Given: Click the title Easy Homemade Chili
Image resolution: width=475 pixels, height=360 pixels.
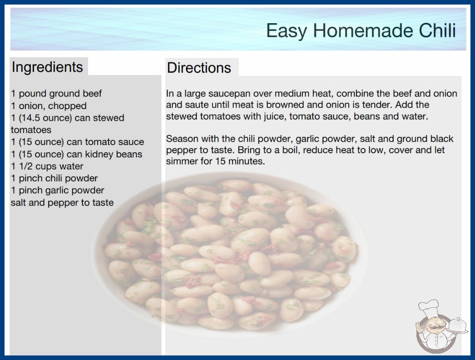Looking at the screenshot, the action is point(361,31).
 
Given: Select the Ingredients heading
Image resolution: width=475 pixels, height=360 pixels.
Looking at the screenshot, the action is point(47,67).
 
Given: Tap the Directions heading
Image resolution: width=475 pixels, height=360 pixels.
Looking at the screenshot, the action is point(199,68).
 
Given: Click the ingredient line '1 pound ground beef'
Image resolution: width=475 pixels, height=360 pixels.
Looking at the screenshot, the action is point(56,94).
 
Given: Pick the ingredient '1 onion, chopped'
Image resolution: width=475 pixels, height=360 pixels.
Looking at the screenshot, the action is point(49,106).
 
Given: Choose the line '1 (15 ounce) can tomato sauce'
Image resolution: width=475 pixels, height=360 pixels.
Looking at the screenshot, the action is point(78,142).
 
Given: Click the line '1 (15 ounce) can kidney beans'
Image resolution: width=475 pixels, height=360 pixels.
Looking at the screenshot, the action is point(77,154).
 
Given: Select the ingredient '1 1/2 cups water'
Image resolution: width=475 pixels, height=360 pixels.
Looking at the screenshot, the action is point(47,166).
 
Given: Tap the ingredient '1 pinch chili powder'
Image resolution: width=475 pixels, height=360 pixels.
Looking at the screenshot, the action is point(54,178).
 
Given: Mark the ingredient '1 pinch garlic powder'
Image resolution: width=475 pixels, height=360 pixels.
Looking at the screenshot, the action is point(58,190).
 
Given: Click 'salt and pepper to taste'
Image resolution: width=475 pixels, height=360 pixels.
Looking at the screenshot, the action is point(62,203).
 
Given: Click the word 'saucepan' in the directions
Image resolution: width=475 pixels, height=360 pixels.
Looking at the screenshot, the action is point(229,94).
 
